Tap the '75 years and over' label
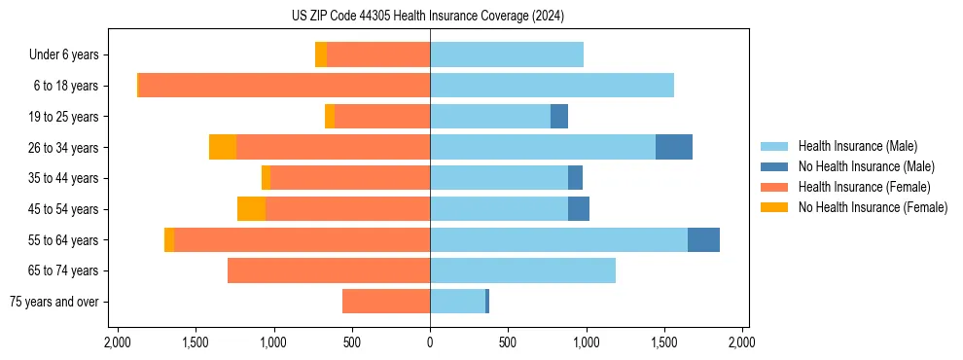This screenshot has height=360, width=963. coord(53,302)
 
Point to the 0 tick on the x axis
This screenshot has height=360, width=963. coord(430,342)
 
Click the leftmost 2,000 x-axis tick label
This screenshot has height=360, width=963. coord(117,342)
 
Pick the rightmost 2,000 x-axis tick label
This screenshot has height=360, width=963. coord(742,342)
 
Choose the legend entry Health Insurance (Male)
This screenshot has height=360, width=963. coord(857,146)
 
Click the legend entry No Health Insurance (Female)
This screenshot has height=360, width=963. coord(873,207)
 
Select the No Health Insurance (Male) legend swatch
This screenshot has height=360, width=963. coord(775,166)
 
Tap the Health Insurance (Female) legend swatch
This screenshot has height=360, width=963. coord(775,187)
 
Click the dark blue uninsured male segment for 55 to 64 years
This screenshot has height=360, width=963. coord(703,239)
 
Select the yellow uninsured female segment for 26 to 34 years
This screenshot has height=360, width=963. coord(223,147)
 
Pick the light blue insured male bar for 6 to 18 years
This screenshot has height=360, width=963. coord(552,86)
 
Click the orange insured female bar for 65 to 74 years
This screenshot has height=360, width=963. coord(329,270)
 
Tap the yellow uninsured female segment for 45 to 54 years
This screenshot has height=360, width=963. coord(251,209)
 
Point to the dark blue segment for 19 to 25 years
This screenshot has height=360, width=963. coord(559,117)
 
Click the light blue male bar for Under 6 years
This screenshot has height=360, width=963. coord(507,54)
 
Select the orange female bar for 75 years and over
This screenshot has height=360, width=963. coord(386,302)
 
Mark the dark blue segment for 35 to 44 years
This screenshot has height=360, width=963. coord(575,178)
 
